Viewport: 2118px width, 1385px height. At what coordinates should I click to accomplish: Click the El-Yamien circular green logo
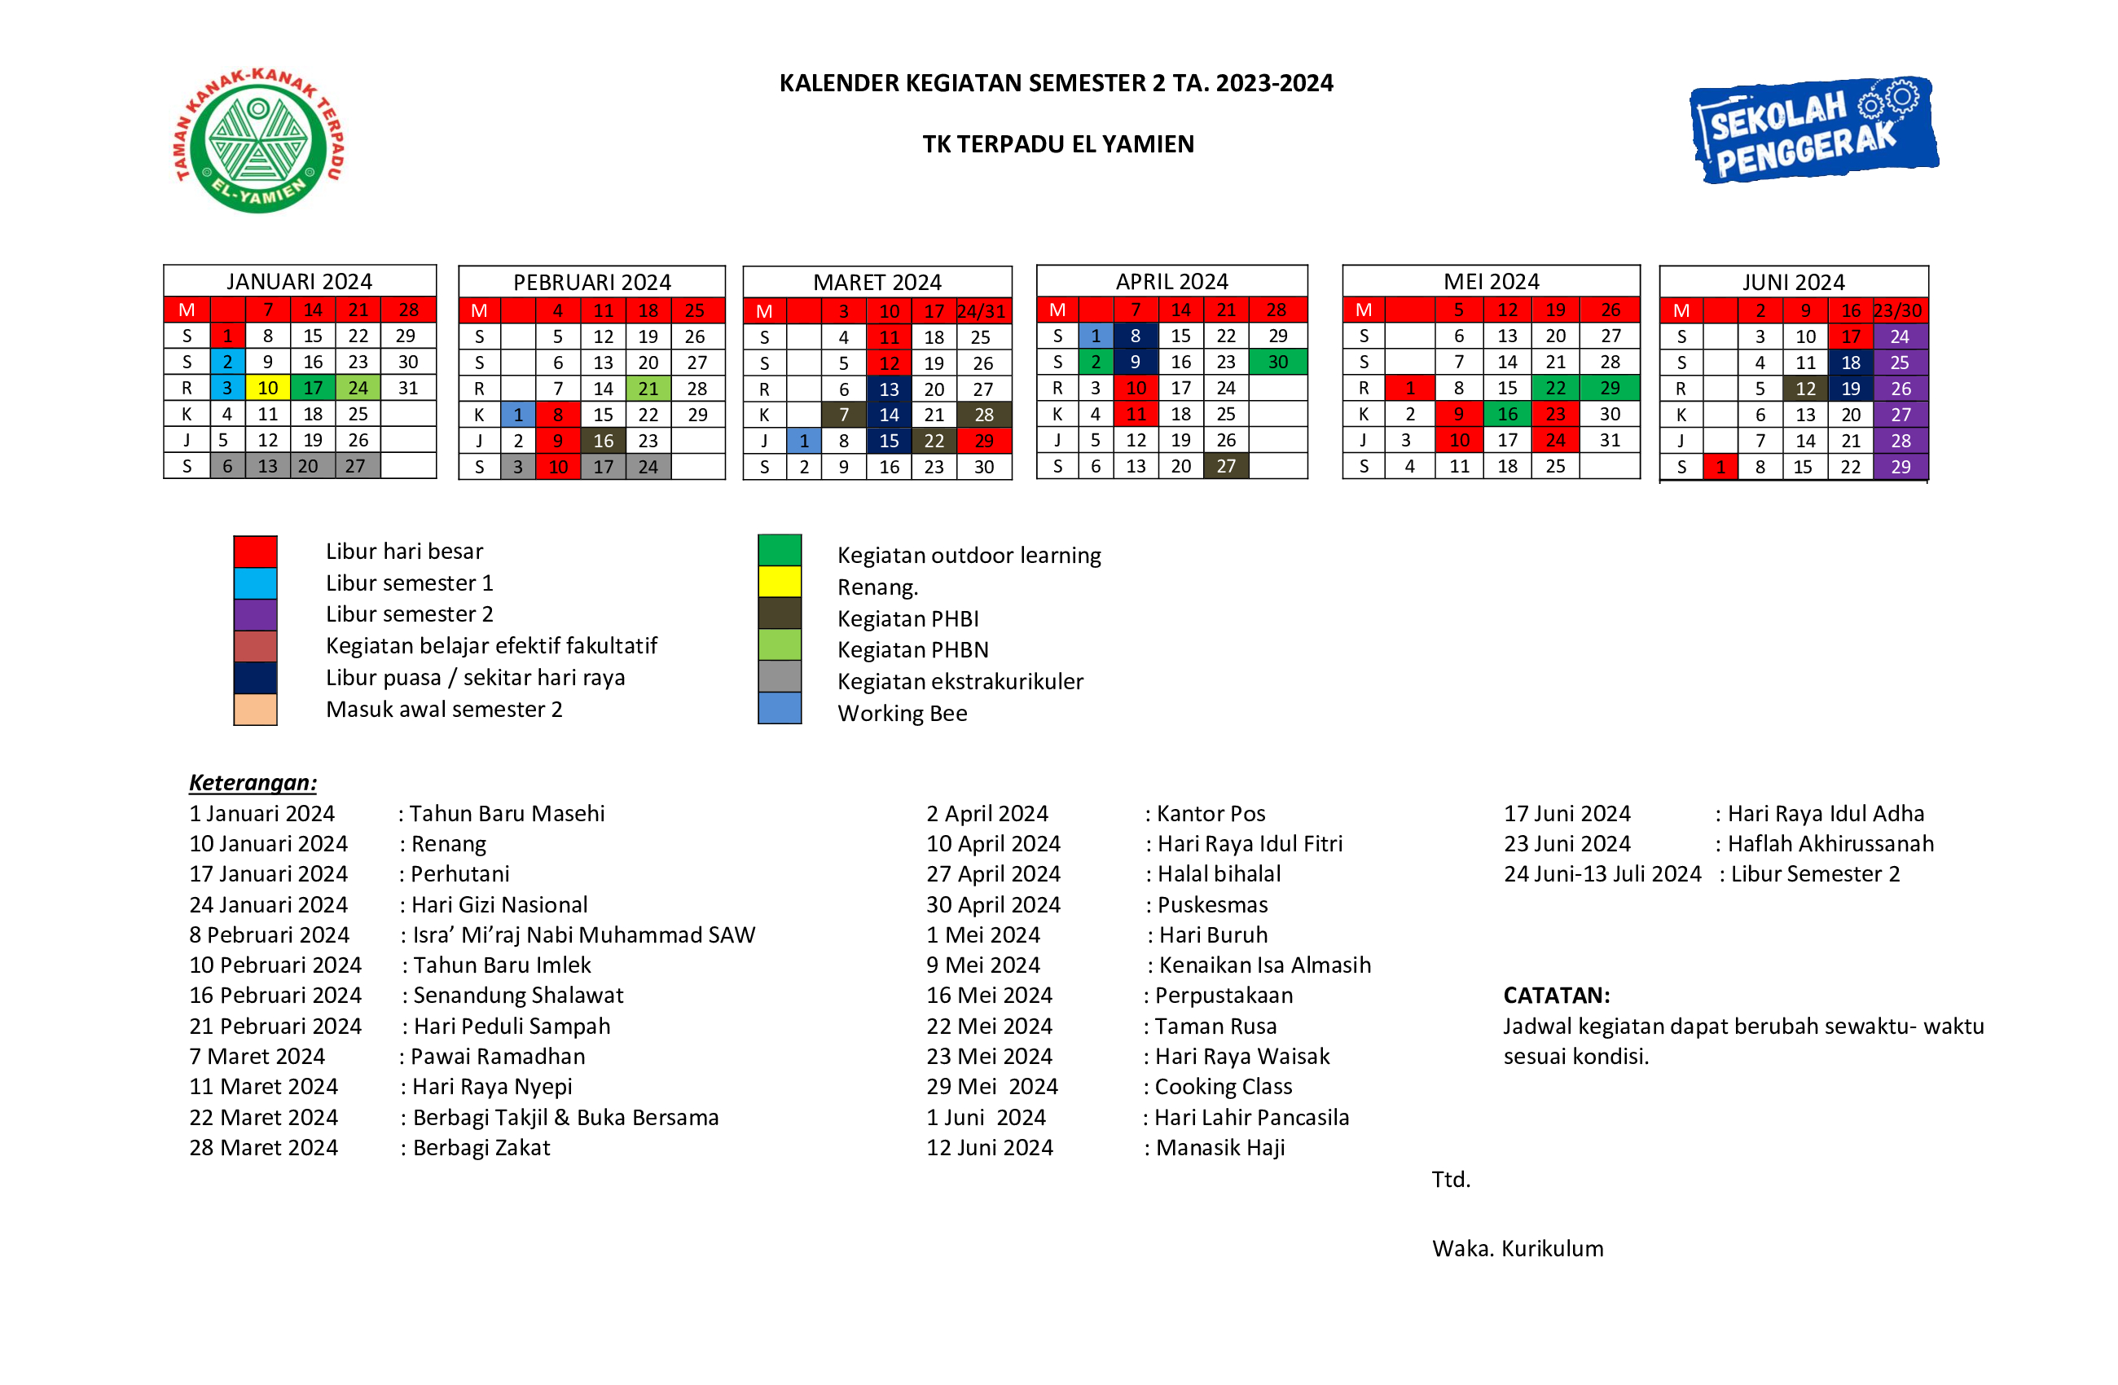(x=258, y=141)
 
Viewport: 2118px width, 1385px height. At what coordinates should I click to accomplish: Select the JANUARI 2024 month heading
(x=299, y=281)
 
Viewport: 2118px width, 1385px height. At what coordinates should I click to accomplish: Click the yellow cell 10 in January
(x=268, y=388)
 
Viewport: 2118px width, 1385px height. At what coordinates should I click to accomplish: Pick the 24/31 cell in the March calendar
(x=982, y=311)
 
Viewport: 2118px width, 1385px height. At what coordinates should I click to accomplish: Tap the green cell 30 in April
(x=1277, y=363)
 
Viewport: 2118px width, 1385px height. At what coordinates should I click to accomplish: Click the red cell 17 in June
(x=1850, y=336)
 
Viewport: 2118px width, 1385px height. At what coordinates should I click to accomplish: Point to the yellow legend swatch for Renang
(x=780, y=583)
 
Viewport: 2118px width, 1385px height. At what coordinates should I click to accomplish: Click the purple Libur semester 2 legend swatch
(x=256, y=614)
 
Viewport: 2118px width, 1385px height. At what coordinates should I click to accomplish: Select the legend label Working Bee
(x=902, y=713)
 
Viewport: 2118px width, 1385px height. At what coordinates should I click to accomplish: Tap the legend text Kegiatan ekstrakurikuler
(x=960, y=682)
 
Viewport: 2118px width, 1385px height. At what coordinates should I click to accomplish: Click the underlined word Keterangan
(x=253, y=782)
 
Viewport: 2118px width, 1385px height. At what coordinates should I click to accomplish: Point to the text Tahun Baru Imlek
(x=502, y=965)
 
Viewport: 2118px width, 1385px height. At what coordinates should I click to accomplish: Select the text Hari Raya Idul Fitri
(x=1250, y=844)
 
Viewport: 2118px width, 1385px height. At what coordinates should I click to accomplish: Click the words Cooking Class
(x=1223, y=1087)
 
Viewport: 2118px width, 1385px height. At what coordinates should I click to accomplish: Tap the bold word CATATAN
(x=1557, y=995)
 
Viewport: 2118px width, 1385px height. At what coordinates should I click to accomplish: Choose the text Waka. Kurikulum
(x=1518, y=1249)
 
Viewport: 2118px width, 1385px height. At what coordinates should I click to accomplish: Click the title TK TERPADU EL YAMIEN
(x=1057, y=144)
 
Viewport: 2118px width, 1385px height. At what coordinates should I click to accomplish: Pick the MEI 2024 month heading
(x=1491, y=281)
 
